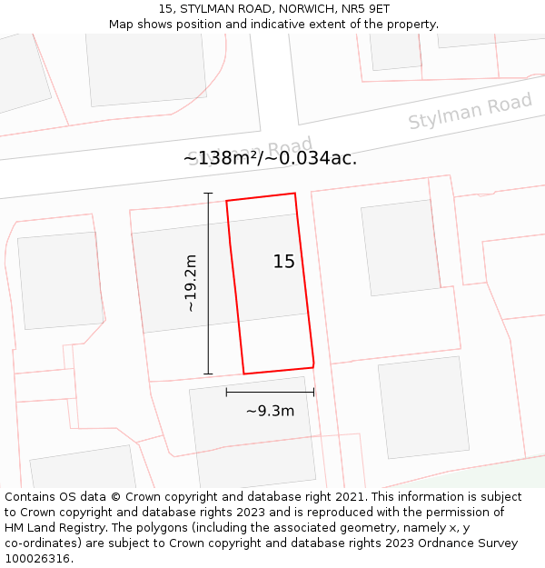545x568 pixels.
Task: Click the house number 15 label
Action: click(284, 262)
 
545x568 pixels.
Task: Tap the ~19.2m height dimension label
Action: click(191, 284)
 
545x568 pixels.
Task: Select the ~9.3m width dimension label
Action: click(270, 411)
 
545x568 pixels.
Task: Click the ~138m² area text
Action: click(220, 158)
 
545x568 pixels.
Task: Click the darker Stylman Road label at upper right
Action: click(470, 112)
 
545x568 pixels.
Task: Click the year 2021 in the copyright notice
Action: click(350, 497)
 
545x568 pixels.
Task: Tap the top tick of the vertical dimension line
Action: click(208, 194)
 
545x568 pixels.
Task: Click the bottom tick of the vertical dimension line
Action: click(208, 374)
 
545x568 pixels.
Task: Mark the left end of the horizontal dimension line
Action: click(226, 393)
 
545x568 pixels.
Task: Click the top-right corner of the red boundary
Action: click(294, 194)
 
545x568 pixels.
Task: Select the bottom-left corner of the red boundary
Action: click(243, 374)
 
